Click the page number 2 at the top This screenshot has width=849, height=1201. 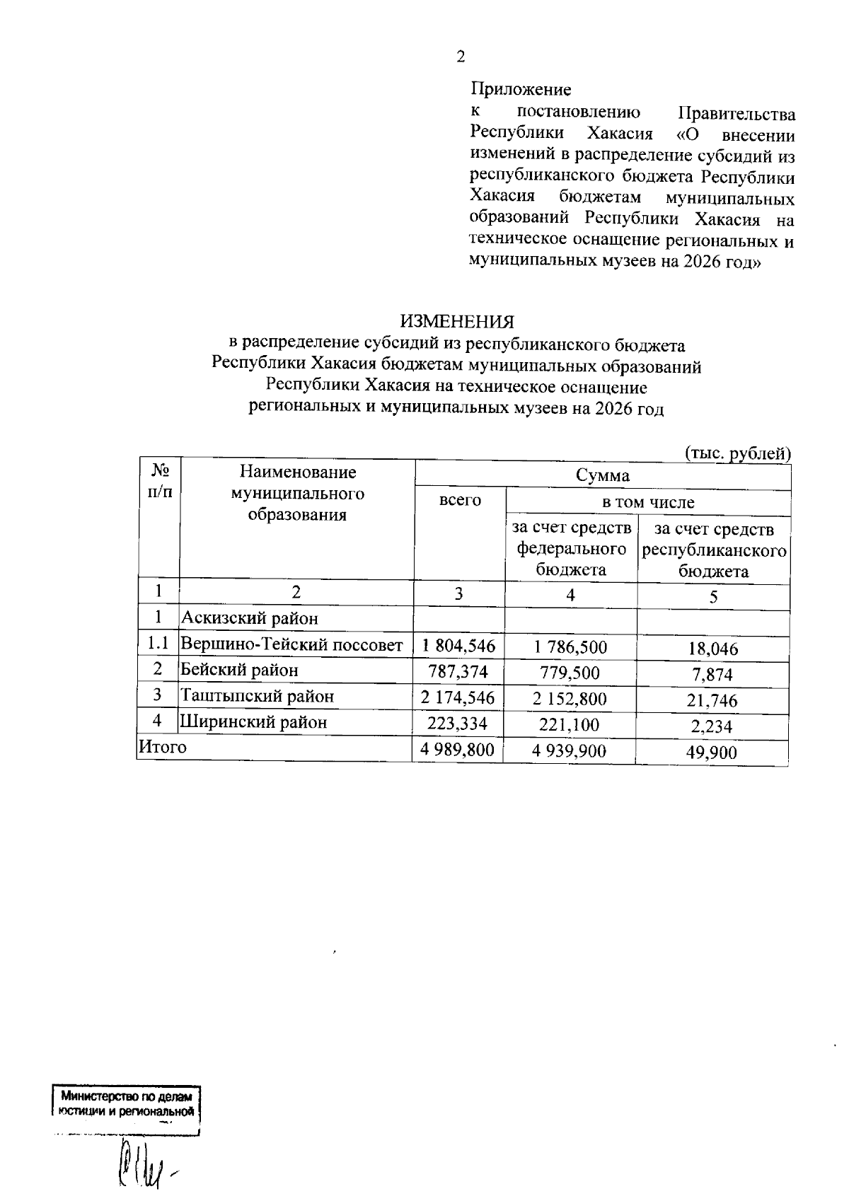pyautogui.click(x=461, y=57)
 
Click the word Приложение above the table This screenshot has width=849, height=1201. pyautogui.click(x=521, y=90)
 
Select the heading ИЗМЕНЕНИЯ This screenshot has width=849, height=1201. pyautogui.click(x=457, y=322)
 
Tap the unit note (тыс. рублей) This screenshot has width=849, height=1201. pyautogui.click(x=738, y=453)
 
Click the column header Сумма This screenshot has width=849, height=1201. pyautogui.click(x=602, y=475)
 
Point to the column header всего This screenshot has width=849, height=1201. pyautogui.click(x=460, y=500)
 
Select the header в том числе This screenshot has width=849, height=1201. pyautogui.click(x=647, y=503)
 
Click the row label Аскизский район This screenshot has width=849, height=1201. pyautogui.click(x=250, y=618)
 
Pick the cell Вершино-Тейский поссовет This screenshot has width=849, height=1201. pyautogui.click(x=291, y=644)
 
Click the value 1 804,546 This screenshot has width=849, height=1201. pyautogui.click(x=458, y=645)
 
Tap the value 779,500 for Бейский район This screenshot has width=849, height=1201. pyautogui.click(x=570, y=673)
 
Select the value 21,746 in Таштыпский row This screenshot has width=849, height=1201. pyautogui.click(x=712, y=700)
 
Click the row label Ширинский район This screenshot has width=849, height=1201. pyautogui.click(x=254, y=722)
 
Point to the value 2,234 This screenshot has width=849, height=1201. pyautogui.click(x=712, y=726)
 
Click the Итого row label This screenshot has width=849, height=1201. pyautogui.click(x=163, y=747)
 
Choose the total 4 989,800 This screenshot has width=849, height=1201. pyautogui.click(x=457, y=750)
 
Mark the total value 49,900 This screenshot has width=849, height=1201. pyautogui.click(x=711, y=753)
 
